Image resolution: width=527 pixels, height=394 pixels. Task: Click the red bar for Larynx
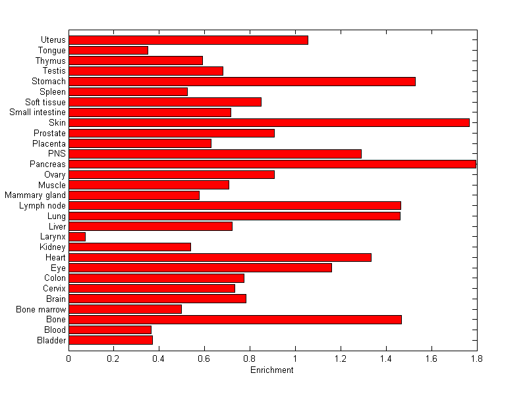pyautogui.click(x=77, y=237)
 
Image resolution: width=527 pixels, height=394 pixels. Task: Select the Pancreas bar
pyautogui.click(x=272, y=164)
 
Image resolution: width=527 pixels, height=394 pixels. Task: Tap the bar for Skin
pyautogui.click(x=269, y=122)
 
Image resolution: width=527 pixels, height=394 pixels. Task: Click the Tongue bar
pyautogui.click(x=108, y=50)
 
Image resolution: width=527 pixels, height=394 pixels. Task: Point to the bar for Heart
pyautogui.click(x=220, y=257)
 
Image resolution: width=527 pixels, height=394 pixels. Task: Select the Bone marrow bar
pyautogui.click(x=125, y=309)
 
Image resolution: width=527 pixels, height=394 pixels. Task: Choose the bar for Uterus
pyautogui.click(x=188, y=40)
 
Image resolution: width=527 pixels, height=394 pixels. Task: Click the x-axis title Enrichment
pyautogui.click(x=272, y=370)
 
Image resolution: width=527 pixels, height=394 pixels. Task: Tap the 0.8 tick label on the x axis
pyautogui.click(x=250, y=358)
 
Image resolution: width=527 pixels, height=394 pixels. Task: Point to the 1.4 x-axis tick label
pyautogui.click(x=386, y=358)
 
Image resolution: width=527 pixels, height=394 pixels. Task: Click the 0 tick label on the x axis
pyautogui.click(x=69, y=358)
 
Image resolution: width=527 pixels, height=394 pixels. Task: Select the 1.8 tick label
pyautogui.click(x=476, y=358)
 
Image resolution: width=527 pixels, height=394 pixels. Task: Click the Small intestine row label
pyautogui.click(x=38, y=112)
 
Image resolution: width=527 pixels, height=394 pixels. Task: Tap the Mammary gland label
pyautogui.click(x=36, y=195)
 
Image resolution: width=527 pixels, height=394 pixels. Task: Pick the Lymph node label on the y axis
pyautogui.click(x=42, y=206)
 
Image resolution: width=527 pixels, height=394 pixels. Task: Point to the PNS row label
pyautogui.click(x=57, y=154)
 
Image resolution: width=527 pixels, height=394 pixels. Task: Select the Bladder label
pyautogui.click(x=52, y=340)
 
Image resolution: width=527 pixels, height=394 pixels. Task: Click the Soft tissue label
pyautogui.click(x=45, y=102)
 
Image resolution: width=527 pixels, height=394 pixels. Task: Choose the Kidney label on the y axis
pyautogui.click(x=53, y=247)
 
